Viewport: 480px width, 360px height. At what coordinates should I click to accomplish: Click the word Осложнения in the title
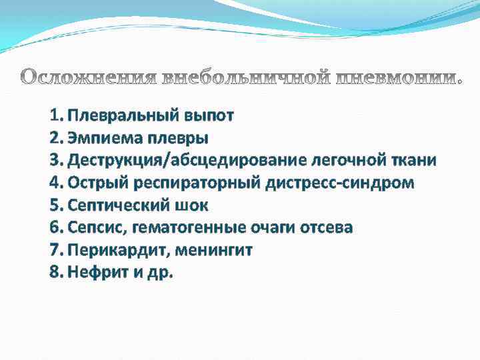click(86, 78)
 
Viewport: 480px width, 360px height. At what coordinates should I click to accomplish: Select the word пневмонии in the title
click(396, 78)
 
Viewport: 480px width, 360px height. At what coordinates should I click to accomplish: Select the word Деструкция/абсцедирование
click(189, 161)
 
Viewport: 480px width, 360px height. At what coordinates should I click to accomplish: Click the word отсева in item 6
click(325, 227)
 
